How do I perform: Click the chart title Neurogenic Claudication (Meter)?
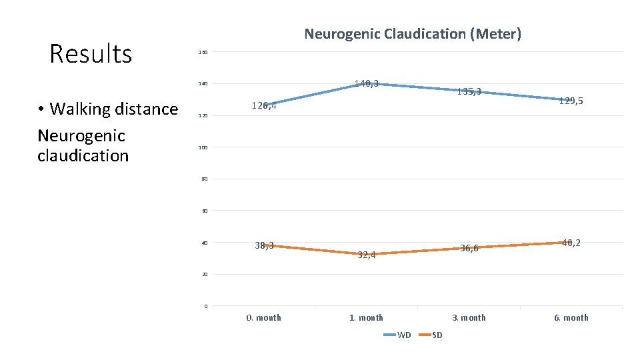pos(413,33)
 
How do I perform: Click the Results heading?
pos(91,54)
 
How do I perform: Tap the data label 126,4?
pos(264,105)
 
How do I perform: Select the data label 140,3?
pos(366,83)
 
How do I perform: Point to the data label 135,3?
pos(469,91)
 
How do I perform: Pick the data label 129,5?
pos(571,101)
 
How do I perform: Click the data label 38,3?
pos(264,245)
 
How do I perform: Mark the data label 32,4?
pos(366,254)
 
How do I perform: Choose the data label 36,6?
pos(469,248)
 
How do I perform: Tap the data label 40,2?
pos(571,243)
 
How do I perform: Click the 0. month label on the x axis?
pos(264,317)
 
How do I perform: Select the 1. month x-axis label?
pos(366,317)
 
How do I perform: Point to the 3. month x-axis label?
pos(469,317)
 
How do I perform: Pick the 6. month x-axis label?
pos(571,317)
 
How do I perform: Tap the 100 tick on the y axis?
pos(203,147)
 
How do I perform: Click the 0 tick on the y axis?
pos(205,306)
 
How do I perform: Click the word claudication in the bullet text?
pos(83,156)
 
